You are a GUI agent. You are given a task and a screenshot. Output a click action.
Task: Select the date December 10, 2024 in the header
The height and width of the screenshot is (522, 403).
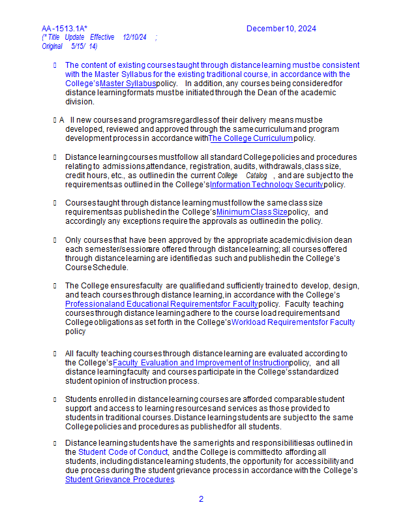281,29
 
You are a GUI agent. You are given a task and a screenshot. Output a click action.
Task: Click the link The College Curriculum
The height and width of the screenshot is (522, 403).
250,138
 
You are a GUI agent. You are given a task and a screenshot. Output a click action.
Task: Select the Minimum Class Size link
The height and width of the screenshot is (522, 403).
252,212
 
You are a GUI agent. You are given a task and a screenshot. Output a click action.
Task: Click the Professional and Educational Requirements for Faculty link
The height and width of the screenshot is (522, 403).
161,304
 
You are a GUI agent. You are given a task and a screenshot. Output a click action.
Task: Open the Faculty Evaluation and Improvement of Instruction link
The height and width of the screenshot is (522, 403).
201,363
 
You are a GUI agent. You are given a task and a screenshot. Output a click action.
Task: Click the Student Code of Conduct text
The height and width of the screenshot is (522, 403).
123,452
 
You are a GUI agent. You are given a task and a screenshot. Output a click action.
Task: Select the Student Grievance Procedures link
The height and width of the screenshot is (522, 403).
119,480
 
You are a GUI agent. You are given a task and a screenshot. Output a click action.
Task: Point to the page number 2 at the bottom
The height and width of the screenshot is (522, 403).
201,499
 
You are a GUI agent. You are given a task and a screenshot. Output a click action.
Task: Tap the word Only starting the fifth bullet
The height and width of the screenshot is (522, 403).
74,240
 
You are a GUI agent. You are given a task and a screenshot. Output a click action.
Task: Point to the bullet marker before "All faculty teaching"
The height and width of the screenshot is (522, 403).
55,354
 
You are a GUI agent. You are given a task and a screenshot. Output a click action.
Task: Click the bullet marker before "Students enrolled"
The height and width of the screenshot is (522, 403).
55,399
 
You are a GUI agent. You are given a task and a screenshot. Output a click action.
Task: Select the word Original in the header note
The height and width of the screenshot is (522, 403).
52,46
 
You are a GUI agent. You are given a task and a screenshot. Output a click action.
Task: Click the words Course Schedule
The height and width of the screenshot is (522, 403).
97,268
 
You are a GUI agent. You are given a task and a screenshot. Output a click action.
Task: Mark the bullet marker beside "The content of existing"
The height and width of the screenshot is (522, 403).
55,65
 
